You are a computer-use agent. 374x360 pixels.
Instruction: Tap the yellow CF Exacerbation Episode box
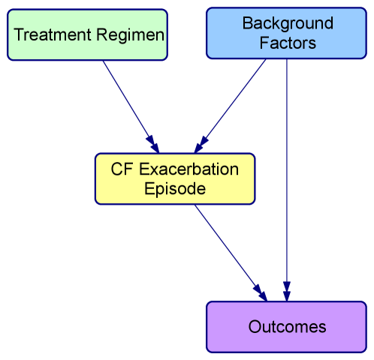[x=174, y=179]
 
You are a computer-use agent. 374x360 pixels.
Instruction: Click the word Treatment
[x=49, y=35]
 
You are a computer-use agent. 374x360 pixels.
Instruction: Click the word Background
[x=288, y=25]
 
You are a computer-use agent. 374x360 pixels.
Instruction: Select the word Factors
[x=288, y=43]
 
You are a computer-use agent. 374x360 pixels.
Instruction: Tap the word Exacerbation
[x=188, y=169]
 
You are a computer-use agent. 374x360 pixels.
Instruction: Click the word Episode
[x=174, y=189]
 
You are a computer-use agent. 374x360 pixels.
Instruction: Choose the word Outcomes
[x=287, y=327]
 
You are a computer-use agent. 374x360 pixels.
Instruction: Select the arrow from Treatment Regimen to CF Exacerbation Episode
[x=128, y=102]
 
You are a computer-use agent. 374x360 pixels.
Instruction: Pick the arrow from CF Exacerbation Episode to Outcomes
[x=225, y=247]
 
